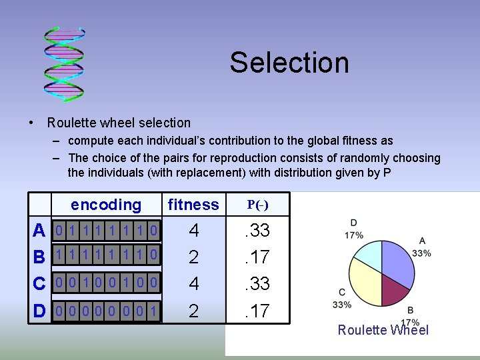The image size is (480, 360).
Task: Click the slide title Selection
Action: (289, 63)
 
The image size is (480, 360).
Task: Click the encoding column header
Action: (106, 205)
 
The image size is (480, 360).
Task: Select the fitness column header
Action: (193, 205)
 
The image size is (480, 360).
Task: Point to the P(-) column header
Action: (258, 205)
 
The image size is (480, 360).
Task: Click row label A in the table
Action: (40, 231)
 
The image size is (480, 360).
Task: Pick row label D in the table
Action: (40, 311)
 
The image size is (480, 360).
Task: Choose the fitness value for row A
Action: (193, 231)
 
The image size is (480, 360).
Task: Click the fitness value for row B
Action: (193, 257)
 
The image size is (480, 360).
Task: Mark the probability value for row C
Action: (257, 284)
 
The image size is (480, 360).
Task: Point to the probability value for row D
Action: (257, 311)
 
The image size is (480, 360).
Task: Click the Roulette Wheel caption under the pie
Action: (383, 330)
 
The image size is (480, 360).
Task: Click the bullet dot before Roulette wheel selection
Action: (31, 123)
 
